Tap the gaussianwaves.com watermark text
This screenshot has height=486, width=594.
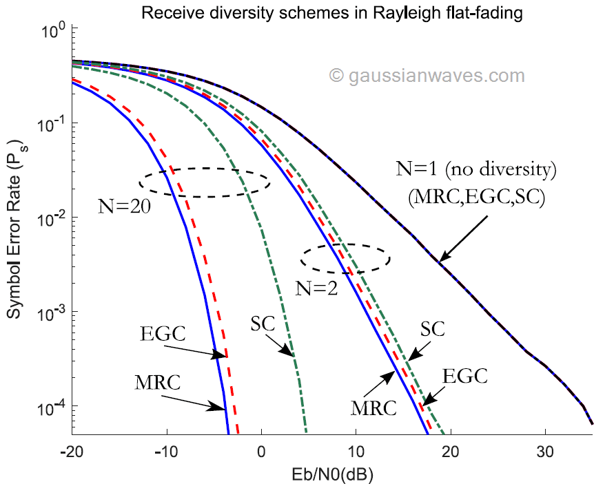[427, 75]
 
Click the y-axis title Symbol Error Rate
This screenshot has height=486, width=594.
[14, 228]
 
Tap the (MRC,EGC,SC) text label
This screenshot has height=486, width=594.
[477, 197]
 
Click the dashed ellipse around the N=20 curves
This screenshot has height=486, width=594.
[204, 182]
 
